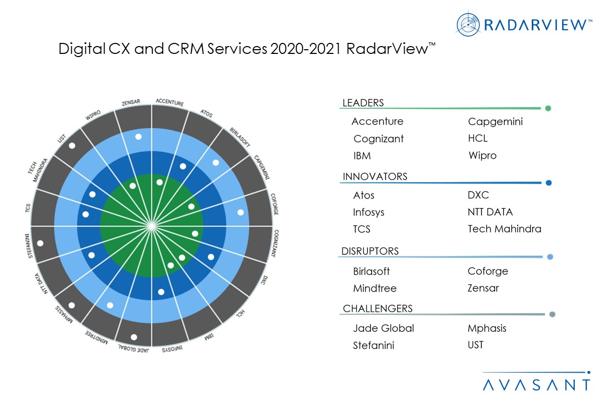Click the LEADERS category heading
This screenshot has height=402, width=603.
pos(363,103)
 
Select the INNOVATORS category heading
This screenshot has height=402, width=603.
pos(374,177)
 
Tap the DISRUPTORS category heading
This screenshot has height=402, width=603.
pos(370,251)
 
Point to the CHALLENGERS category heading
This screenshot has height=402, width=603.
pos(377,308)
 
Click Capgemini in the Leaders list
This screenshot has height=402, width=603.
pos(495,122)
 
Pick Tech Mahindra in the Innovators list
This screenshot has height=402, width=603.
pos(504,229)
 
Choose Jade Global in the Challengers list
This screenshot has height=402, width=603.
pos(383,328)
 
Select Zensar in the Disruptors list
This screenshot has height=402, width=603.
pos(483,288)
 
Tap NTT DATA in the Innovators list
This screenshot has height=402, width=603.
pos(490,212)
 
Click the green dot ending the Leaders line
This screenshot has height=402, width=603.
pos(548,109)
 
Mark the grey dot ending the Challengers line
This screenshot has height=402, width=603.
pos(552,315)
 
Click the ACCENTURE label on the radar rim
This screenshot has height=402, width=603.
pos(170,103)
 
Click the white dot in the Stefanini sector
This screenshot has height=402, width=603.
pos(40,243)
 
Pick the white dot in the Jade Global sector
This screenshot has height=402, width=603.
pos(134,337)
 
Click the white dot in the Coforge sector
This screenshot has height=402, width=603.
pos(240,213)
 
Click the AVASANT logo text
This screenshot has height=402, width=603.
pos(536,385)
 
